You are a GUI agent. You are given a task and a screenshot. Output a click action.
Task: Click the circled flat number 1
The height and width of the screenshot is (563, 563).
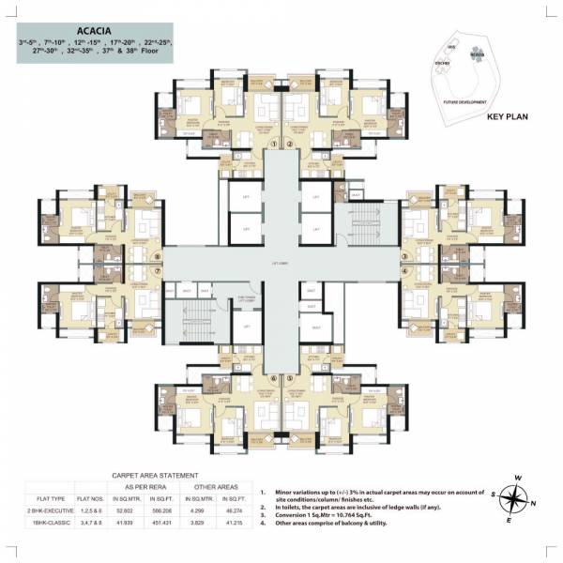click(274, 144)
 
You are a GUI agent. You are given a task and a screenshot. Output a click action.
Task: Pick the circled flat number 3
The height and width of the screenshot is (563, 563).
click(404, 255)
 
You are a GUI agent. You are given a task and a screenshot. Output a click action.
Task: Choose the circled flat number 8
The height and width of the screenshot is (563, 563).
click(158, 255)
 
